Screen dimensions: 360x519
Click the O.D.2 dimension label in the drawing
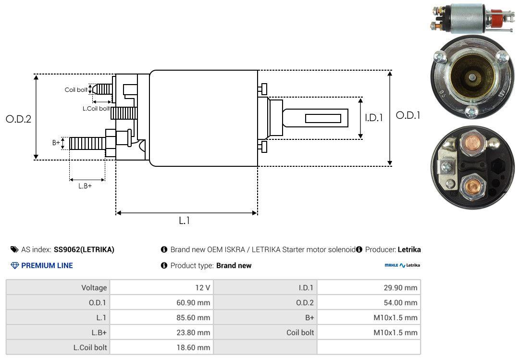point(18,119)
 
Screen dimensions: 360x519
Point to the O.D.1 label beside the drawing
point(408,115)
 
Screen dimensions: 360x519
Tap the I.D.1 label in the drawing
point(373,117)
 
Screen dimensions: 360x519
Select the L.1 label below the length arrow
point(185,221)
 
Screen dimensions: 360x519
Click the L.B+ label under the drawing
point(85,186)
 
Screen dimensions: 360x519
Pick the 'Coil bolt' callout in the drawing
point(76,90)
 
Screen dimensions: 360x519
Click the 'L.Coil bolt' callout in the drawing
point(96,109)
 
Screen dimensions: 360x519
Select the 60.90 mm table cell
point(193,303)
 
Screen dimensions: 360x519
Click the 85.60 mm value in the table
point(193,318)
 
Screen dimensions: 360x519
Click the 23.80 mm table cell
point(193,333)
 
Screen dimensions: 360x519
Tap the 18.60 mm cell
point(193,347)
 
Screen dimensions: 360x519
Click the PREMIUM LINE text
point(47,265)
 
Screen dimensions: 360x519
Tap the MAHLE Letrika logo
point(402,265)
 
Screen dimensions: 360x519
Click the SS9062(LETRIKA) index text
point(84,249)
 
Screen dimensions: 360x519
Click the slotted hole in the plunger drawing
point(323,119)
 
